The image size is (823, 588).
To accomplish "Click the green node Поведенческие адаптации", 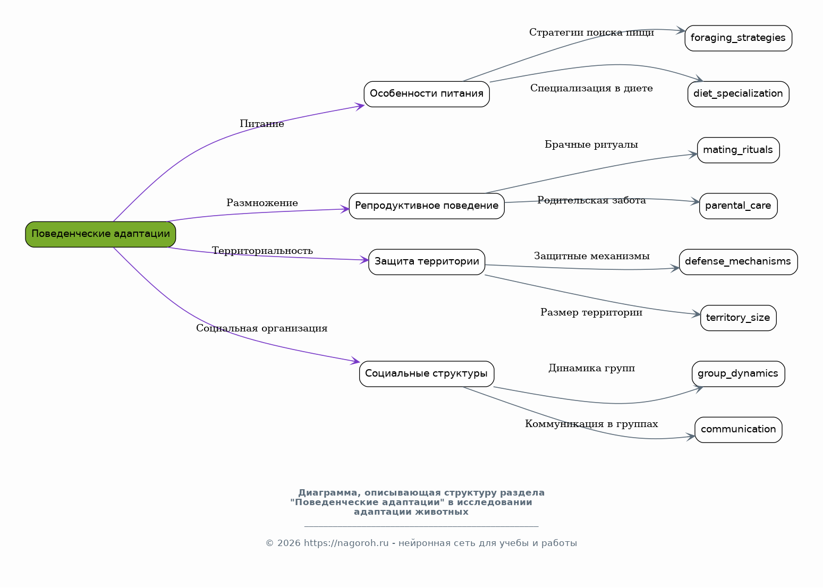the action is pyautogui.click(x=100, y=234).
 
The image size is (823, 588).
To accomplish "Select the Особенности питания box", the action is pyautogui.click(x=427, y=94).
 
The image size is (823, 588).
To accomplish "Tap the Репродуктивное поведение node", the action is pyautogui.click(x=427, y=206).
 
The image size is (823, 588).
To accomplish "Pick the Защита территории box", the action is pyautogui.click(x=427, y=262).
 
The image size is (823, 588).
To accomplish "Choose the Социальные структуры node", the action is pyautogui.click(x=427, y=374).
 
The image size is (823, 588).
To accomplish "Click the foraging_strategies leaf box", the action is pyautogui.click(x=738, y=38).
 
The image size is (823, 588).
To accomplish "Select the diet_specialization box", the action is pyautogui.click(x=738, y=94).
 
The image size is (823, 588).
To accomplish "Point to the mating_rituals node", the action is pyautogui.click(x=738, y=150).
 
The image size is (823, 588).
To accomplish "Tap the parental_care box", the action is pyautogui.click(x=738, y=206).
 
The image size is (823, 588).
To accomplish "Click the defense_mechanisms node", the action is pyautogui.click(x=738, y=262).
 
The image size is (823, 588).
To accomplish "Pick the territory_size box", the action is pyautogui.click(x=738, y=318).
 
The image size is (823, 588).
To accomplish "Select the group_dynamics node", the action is pyautogui.click(x=738, y=374).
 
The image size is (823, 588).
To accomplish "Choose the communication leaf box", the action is pyautogui.click(x=738, y=430).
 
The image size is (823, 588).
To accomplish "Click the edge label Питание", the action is pyautogui.click(x=261, y=124).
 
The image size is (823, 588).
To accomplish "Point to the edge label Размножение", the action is pyautogui.click(x=262, y=203).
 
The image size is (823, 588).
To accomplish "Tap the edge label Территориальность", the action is pyautogui.click(x=262, y=251).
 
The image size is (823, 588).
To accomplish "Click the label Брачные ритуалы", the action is pyautogui.click(x=591, y=144).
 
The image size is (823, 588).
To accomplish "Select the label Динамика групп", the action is pyautogui.click(x=591, y=368).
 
